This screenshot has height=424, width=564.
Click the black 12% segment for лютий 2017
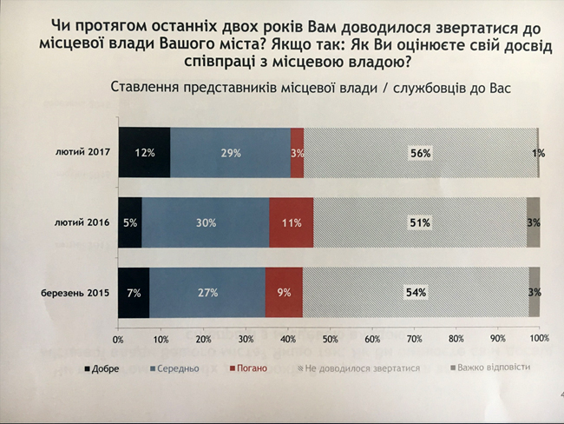144,153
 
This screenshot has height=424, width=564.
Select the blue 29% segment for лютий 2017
230,153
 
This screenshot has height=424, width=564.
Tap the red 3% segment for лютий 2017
297,153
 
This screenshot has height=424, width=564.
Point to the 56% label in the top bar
420,154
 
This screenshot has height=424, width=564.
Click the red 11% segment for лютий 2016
291,222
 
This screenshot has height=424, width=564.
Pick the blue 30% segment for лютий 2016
205,222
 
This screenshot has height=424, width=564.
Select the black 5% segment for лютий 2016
130,222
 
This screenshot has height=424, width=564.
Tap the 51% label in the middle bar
420,223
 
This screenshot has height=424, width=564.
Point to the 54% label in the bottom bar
415,292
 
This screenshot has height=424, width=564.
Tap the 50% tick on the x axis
330,337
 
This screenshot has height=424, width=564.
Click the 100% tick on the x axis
538,337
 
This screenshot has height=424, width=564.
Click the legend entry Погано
249,369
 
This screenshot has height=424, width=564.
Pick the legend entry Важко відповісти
491,369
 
